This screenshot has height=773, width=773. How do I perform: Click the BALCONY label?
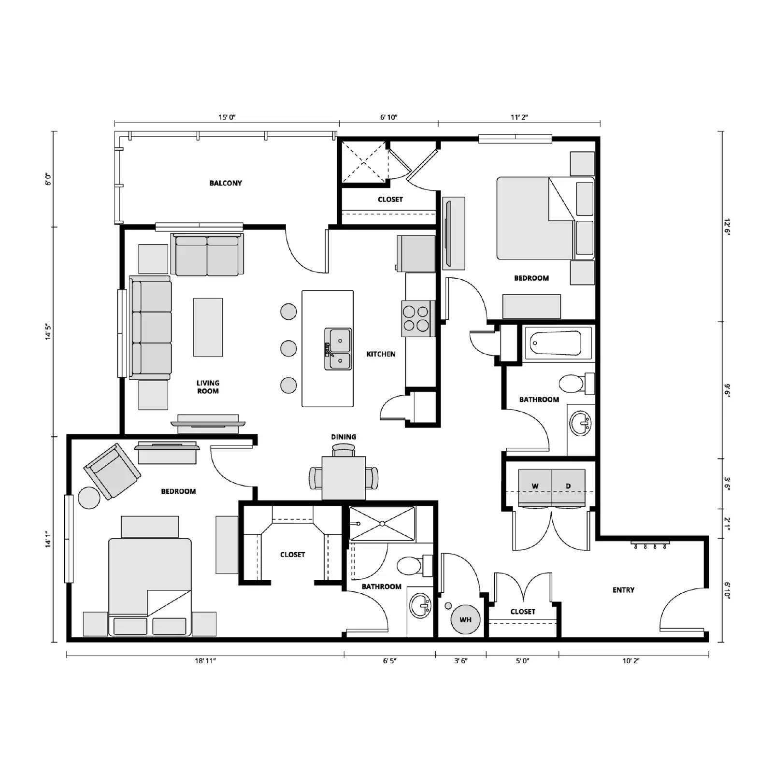(226, 183)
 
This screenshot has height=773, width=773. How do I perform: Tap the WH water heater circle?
(465, 619)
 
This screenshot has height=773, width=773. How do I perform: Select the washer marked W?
(535, 487)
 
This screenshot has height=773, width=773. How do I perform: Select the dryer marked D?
(568, 487)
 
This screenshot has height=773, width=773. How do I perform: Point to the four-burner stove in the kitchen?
(416, 318)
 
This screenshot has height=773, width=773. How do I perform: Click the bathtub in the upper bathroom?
(556, 343)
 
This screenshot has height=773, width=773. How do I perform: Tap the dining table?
(344, 477)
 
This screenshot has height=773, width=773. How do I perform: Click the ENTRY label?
(623, 590)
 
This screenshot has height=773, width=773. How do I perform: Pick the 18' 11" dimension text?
(205, 661)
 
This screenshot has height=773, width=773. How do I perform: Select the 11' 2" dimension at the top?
(519, 117)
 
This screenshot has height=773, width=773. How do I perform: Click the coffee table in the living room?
(208, 327)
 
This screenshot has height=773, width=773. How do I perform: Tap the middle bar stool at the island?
(288, 348)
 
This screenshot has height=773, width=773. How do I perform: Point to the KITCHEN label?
(381, 354)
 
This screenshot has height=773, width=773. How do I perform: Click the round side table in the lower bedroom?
(89, 498)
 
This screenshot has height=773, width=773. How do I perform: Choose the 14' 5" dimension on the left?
(48, 332)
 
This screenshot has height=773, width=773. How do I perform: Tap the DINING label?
(344, 437)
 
